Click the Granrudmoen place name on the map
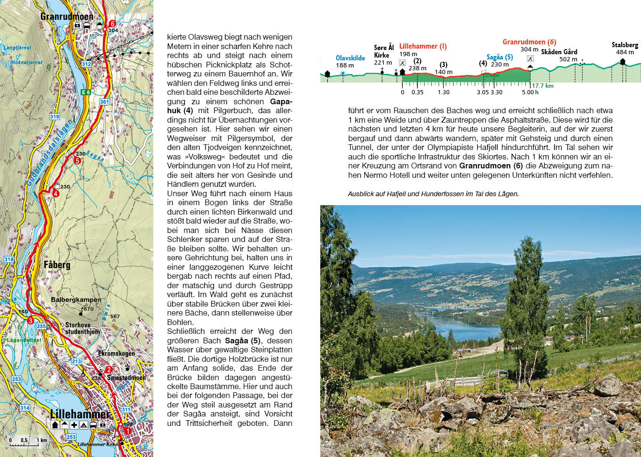[x=67, y=17]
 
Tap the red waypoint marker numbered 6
[x=112, y=24]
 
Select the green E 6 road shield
[x=85, y=92]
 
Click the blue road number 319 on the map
[x=55, y=116]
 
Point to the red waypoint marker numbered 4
[x=56, y=193]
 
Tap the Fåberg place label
[x=57, y=265]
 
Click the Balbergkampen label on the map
[x=76, y=299]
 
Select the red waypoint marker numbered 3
[x=30, y=321]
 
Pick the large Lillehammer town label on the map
[x=80, y=414]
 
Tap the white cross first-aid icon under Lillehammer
[x=74, y=425]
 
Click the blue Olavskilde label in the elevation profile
[x=350, y=58]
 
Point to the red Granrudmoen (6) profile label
[x=529, y=42]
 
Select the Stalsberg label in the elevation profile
[x=624, y=45]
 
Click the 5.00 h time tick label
[x=530, y=92]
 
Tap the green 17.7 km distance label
[x=542, y=86]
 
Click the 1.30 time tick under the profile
[x=443, y=92]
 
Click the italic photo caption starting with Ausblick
[x=433, y=194]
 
